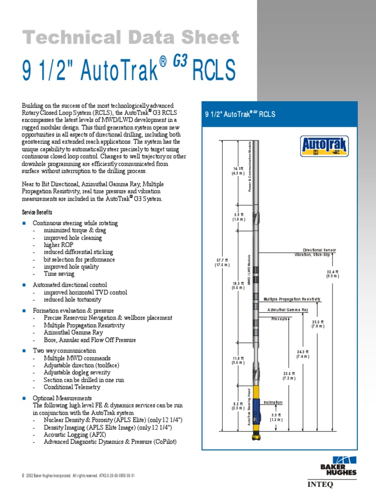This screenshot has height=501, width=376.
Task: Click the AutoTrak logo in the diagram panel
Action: pyautogui.click(x=318, y=146)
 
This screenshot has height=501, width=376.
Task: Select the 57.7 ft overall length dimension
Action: pyautogui.click(x=222, y=262)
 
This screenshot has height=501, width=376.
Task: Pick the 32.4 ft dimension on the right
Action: pyautogui.click(x=332, y=273)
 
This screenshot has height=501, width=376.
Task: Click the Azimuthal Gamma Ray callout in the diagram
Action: pyautogui.click(x=287, y=310)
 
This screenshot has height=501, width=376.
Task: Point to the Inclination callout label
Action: pyautogui.click(x=273, y=402)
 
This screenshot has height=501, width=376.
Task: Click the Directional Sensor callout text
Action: pyautogui.click(x=319, y=250)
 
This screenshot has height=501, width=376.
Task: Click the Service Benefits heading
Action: pyautogui.click(x=37, y=213)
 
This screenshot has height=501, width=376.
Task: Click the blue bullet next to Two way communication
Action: pyautogui.click(x=24, y=351)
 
